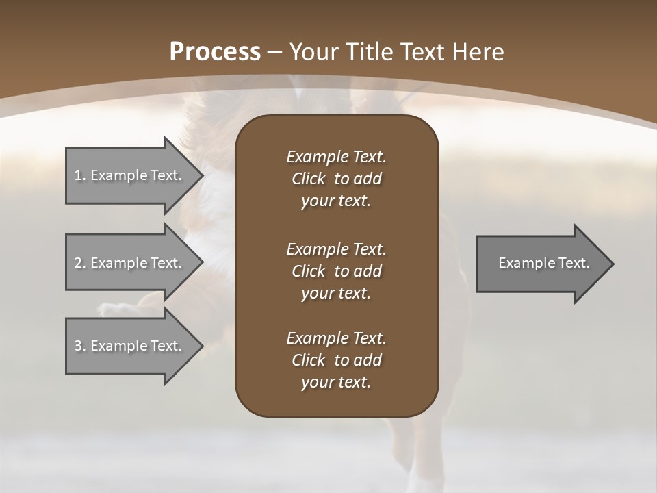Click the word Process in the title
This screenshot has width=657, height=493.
coord(215,52)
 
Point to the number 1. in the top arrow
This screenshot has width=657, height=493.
coord(80,175)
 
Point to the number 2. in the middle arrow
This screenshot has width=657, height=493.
coord(80,263)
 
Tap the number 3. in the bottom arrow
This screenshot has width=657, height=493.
coord(80,346)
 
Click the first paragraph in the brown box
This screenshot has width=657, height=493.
coord(336,179)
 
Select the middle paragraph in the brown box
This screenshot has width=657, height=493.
coord(336,270)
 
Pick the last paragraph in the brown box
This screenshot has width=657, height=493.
coord(336,360)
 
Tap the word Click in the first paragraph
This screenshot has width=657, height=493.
coord(309,179)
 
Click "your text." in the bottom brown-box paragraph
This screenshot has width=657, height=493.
coord(336,382)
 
